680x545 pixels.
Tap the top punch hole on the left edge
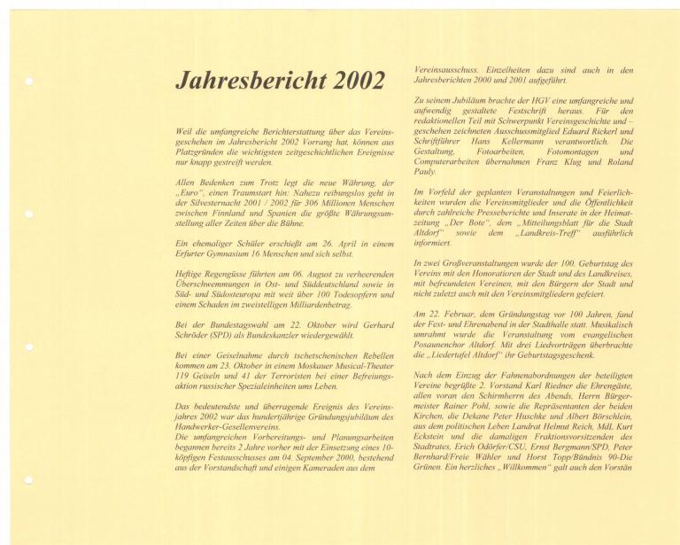click(29, 82)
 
